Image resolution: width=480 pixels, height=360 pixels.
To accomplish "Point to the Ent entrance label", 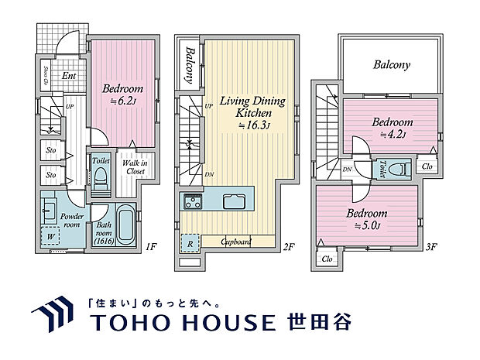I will pos(69,76).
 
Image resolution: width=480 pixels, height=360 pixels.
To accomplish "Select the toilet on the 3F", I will pos(400,167).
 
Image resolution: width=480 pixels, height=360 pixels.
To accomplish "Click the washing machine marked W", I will pos(51,235).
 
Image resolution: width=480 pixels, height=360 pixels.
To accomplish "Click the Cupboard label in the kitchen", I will pos(235,242).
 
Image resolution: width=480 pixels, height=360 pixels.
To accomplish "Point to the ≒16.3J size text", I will pos(252,125).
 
